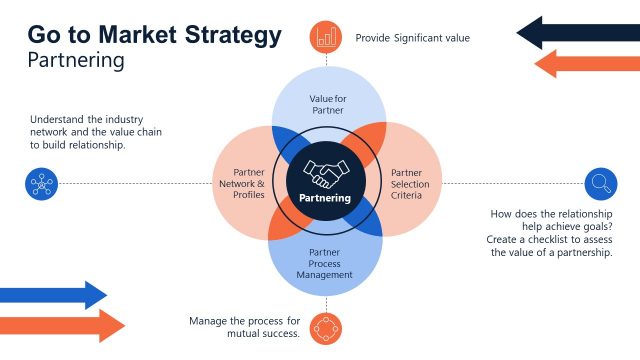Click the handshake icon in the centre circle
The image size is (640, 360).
tap(325, 174)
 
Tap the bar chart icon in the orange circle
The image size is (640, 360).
tap(326, 38)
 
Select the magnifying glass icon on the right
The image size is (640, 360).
tap(599, 183)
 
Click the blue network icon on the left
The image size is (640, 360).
tap(42, 183)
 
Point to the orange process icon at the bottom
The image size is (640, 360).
tap(326, 327)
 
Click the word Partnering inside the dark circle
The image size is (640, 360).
tap(325, 198)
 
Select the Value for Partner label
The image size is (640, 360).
tap(326, 104)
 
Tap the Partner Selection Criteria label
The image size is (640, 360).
tap(406, 183)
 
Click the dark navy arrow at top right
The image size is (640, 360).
tap(577, 32)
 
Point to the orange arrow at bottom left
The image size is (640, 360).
tap(62, 325)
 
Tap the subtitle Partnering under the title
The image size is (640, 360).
tap(76, 60)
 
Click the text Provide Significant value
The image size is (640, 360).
tap(412, 38)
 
